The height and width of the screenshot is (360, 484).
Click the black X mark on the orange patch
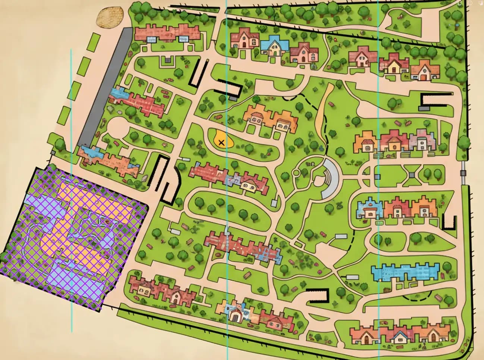pos(221,142)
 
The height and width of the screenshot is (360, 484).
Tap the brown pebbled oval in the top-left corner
pos(110,18)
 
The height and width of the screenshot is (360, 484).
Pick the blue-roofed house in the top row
pos(275,46)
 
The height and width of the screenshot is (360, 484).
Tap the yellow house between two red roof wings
pos(394,66)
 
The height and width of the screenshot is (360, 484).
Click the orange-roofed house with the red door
pos(424,71)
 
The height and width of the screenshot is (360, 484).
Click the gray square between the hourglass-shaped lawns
pos(412,174)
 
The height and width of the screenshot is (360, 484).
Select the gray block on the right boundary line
pos(463,173)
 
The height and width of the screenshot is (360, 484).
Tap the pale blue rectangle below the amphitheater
pos(340,236)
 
